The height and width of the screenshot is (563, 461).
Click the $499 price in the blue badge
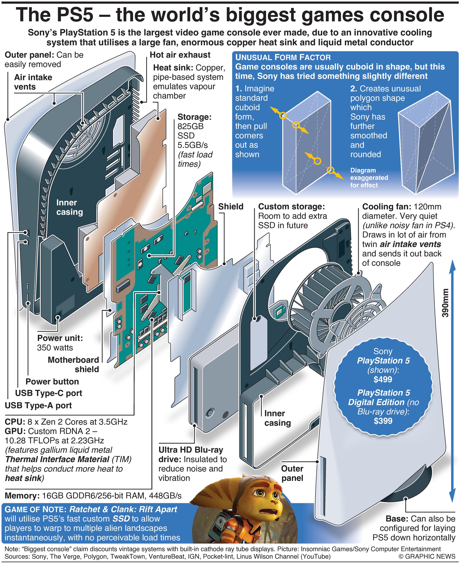[383, 379]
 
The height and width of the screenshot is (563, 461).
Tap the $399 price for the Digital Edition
[383, 420]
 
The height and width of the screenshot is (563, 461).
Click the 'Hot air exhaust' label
[180, 55]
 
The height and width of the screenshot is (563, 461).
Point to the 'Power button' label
[52, 381]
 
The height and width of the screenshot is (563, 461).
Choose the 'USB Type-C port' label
[49, 393]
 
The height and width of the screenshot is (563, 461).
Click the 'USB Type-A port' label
[38, 405]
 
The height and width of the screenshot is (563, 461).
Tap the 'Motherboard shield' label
[73, 364]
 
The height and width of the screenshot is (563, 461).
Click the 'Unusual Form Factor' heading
[283, 57]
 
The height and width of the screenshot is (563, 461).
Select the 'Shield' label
[230, 206]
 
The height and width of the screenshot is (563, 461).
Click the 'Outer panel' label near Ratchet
[292, 473]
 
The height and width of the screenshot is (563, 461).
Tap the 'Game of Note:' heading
[36, 509]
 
